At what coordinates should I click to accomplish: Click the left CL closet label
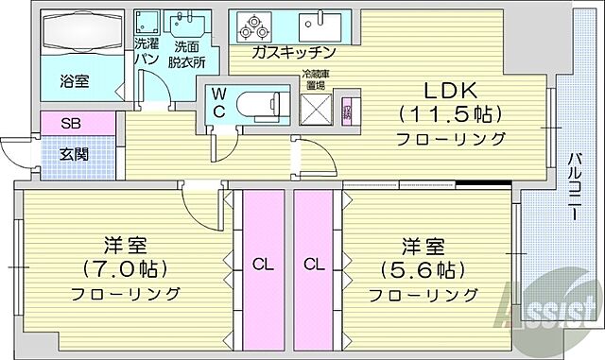pos(264,266)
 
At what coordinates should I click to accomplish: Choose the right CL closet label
pos(315,266)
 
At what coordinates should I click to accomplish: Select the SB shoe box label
pos(71,124)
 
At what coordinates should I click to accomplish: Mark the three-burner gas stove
pos(258,26)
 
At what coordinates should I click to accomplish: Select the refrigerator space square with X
pos(314,110)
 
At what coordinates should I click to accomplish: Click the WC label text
pos(217,101)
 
